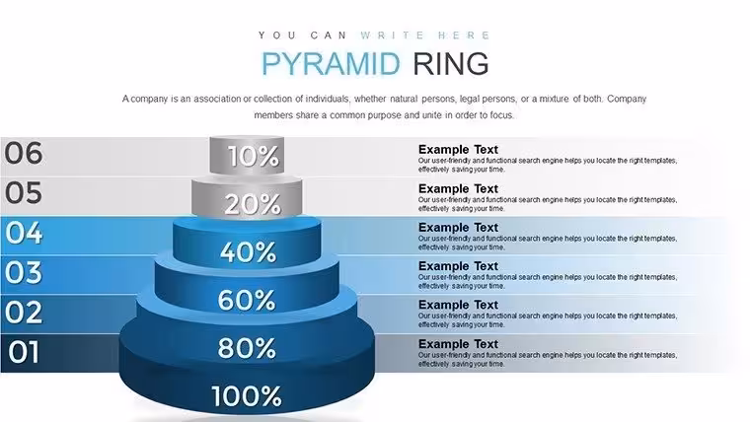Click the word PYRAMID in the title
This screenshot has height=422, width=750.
(x=331, y=63)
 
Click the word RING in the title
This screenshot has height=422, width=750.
(x=451, y=63)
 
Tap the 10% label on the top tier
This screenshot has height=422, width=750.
(x=253, y=157)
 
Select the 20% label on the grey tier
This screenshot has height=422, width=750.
(x=253, y=204)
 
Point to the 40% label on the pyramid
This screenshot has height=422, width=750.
(x=249, y=251)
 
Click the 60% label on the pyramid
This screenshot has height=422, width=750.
(x=247, y=300)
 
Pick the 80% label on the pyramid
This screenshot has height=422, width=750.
(x=247, y=348)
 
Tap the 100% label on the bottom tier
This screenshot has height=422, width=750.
(x=247, y=396)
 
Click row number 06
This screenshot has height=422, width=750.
(x=24, y=154)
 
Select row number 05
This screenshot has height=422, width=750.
(x=24, y=192)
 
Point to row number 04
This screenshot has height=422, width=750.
(x=24, y=233)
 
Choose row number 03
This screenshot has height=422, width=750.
(x=24, y=272)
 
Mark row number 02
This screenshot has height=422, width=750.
(x=24, y=312)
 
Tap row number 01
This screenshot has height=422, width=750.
(x=24, y=352)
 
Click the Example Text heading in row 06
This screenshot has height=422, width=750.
(x=458, y=150)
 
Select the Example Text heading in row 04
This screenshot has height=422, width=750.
(x=458, y=228)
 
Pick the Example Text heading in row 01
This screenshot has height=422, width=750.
(x=458, y=344)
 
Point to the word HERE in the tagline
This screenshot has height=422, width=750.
(x=464, y=35)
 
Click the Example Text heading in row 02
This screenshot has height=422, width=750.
(x=458, y=305)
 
